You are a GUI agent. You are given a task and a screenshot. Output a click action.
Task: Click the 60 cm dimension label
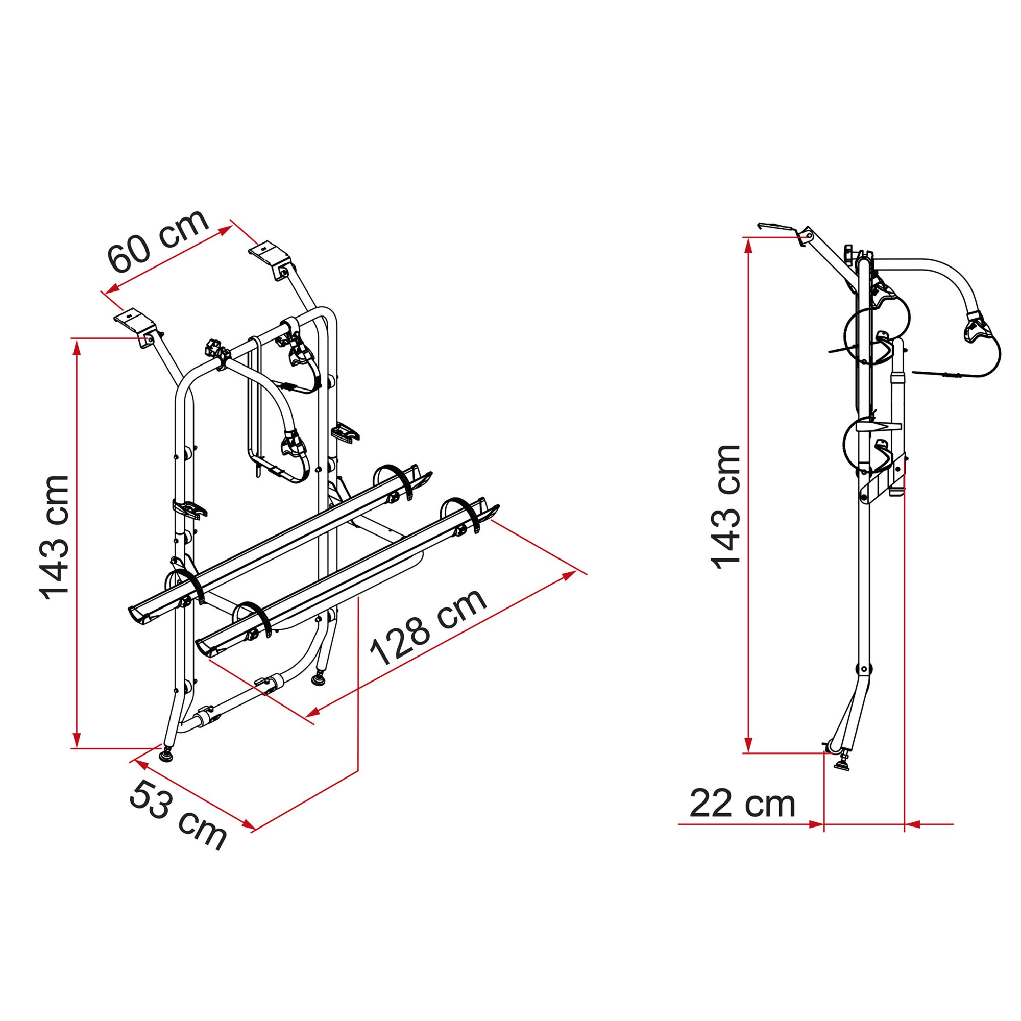159,240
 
